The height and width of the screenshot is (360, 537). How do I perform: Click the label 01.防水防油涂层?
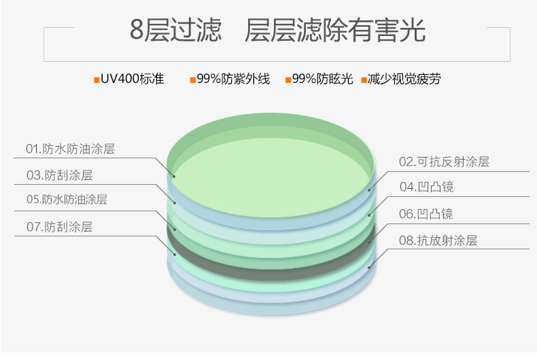click(x=70, y=149)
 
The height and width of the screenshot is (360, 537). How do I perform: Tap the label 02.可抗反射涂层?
click(x=444, y=162)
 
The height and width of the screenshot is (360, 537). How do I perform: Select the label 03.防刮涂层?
click(x=59, y=175)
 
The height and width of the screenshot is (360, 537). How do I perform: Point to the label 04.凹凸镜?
click(x=426, y=187)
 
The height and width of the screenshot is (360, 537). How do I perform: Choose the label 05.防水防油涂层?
click(x=67, y=200)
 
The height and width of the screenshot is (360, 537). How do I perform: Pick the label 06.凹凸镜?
click(x=426, y=214)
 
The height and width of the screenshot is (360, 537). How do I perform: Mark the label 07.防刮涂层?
click(x=59, y=228)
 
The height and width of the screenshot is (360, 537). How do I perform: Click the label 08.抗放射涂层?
click(x=438, y=240)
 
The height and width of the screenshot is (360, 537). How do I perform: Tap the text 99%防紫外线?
click(x=233, y=79)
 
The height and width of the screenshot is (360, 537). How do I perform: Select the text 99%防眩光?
click(x=323, y=79)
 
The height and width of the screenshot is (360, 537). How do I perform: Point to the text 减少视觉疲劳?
click(x=404, y=79)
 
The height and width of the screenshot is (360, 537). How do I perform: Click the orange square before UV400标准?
click(x=97, y=80)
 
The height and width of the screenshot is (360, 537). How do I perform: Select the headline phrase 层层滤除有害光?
click(x=335, y=31)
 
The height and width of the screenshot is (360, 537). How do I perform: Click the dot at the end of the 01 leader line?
click(x=174, y=177)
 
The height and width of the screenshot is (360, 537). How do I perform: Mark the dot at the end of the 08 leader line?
click(x=370, y=268)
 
